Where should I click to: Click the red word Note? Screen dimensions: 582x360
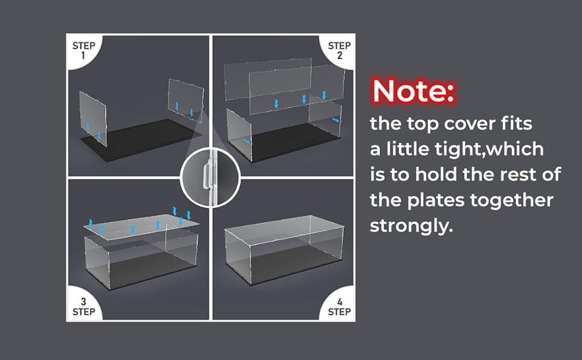(413, 91)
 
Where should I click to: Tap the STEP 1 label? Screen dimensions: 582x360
(84, 50)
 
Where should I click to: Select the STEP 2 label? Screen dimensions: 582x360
(339, 50)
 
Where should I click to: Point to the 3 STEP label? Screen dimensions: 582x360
(84, 307)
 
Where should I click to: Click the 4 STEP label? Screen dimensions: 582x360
(339, 307)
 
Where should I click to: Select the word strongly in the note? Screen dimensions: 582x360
(411, 226)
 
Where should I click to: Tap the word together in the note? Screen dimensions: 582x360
(511, 201)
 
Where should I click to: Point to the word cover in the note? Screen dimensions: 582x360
(470, 124)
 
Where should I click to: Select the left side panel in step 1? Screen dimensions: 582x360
(93, 118)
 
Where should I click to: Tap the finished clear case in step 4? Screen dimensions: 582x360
(284, 248)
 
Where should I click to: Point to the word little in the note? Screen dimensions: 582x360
(407, 149)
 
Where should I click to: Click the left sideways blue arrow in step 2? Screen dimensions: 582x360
(247, 141)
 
